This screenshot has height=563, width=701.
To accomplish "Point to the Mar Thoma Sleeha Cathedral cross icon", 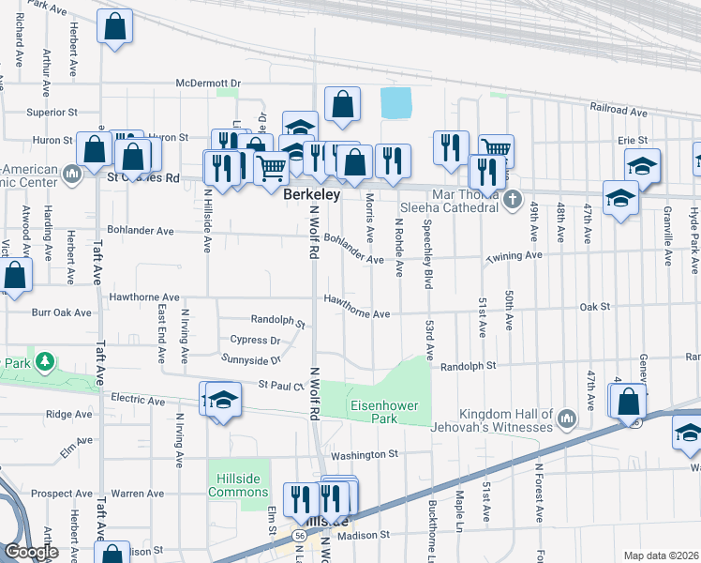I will pos(512,199).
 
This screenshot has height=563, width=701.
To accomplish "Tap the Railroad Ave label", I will pos(619,111).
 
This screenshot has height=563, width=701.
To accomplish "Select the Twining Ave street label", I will pos(514,255).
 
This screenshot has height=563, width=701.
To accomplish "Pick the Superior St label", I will pos(52,112).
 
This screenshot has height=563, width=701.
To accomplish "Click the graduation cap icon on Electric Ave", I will pos(223,402).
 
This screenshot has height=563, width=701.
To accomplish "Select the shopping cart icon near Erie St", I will pos(496,149).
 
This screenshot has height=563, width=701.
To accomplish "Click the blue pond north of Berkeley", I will pos(396,102).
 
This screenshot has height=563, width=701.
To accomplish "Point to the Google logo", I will pos(31,552).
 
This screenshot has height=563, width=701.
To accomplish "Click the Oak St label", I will pos(594,307).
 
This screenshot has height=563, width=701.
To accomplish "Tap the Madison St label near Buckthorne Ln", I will pos(363,535).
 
